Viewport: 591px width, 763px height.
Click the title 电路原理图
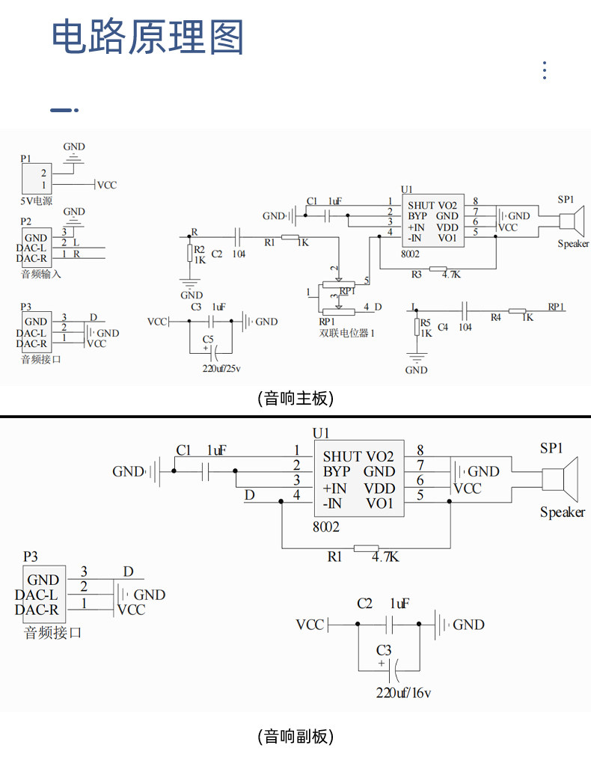(x=147, y=37)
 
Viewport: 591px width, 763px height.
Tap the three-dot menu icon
(x=545, y=70)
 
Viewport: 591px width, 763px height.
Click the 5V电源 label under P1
(x=36, y=201)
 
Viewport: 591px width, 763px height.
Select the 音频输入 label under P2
(x=41, y=274)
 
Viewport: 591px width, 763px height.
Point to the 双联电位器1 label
(x=346, y=334)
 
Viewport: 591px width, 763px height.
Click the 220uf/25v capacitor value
(x=221, y=368)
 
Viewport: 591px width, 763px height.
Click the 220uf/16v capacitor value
(x=403, y=693)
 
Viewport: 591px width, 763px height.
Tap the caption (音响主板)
(x=295, y=399)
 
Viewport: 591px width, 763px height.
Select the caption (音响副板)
(x=295, y=736)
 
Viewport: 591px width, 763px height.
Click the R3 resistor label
(x=416, y=275)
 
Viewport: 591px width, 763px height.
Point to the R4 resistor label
(x=495, y=317)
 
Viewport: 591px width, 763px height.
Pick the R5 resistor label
(x=426, y=322)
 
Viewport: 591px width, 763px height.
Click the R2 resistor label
(x=200, y=250)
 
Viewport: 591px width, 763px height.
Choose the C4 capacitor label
(x=443, y=327)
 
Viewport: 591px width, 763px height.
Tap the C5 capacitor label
(x=208, y=339)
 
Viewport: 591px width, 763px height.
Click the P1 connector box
(x=37, y=179)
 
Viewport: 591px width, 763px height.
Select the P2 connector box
(x=37, y=248)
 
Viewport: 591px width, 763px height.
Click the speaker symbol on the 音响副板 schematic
(x=560, y=479)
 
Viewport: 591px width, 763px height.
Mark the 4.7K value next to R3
(x=451, y=275)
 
